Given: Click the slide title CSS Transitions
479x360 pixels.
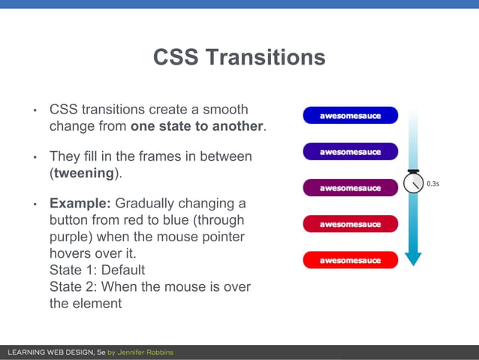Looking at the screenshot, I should pos(239,58).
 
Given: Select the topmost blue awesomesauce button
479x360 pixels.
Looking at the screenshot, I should pos(350,116).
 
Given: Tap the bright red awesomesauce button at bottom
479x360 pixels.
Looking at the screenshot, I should pos(350,261).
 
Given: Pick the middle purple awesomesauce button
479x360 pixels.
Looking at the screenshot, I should pos(350,189).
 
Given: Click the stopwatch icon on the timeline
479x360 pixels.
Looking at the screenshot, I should pos(412,182).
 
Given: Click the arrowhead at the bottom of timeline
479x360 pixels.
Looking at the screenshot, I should pos(412,259).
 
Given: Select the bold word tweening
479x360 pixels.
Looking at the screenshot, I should pos(83,173).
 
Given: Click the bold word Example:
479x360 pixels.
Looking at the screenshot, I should pos(80,204).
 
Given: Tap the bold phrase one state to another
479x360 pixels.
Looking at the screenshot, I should pos(197,126).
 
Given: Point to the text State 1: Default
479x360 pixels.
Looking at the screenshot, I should pos(97,270).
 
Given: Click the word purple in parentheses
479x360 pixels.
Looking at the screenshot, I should pos(72,237).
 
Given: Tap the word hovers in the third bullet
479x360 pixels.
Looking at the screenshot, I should pos(71,253).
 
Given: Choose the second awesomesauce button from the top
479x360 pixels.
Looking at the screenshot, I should pos(350,153).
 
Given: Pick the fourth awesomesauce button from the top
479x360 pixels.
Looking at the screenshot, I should pos(350,225).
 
